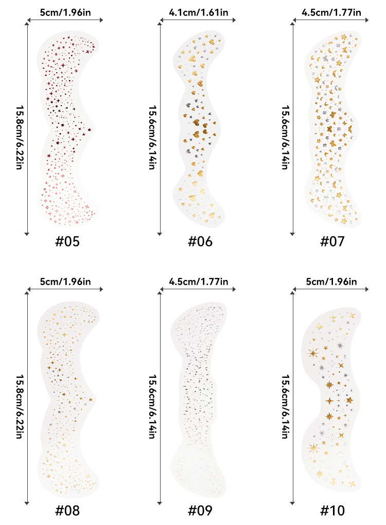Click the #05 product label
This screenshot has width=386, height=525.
point(67,242)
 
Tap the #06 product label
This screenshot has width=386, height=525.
point(200,242)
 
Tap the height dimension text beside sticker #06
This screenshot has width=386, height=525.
point(152,131)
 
